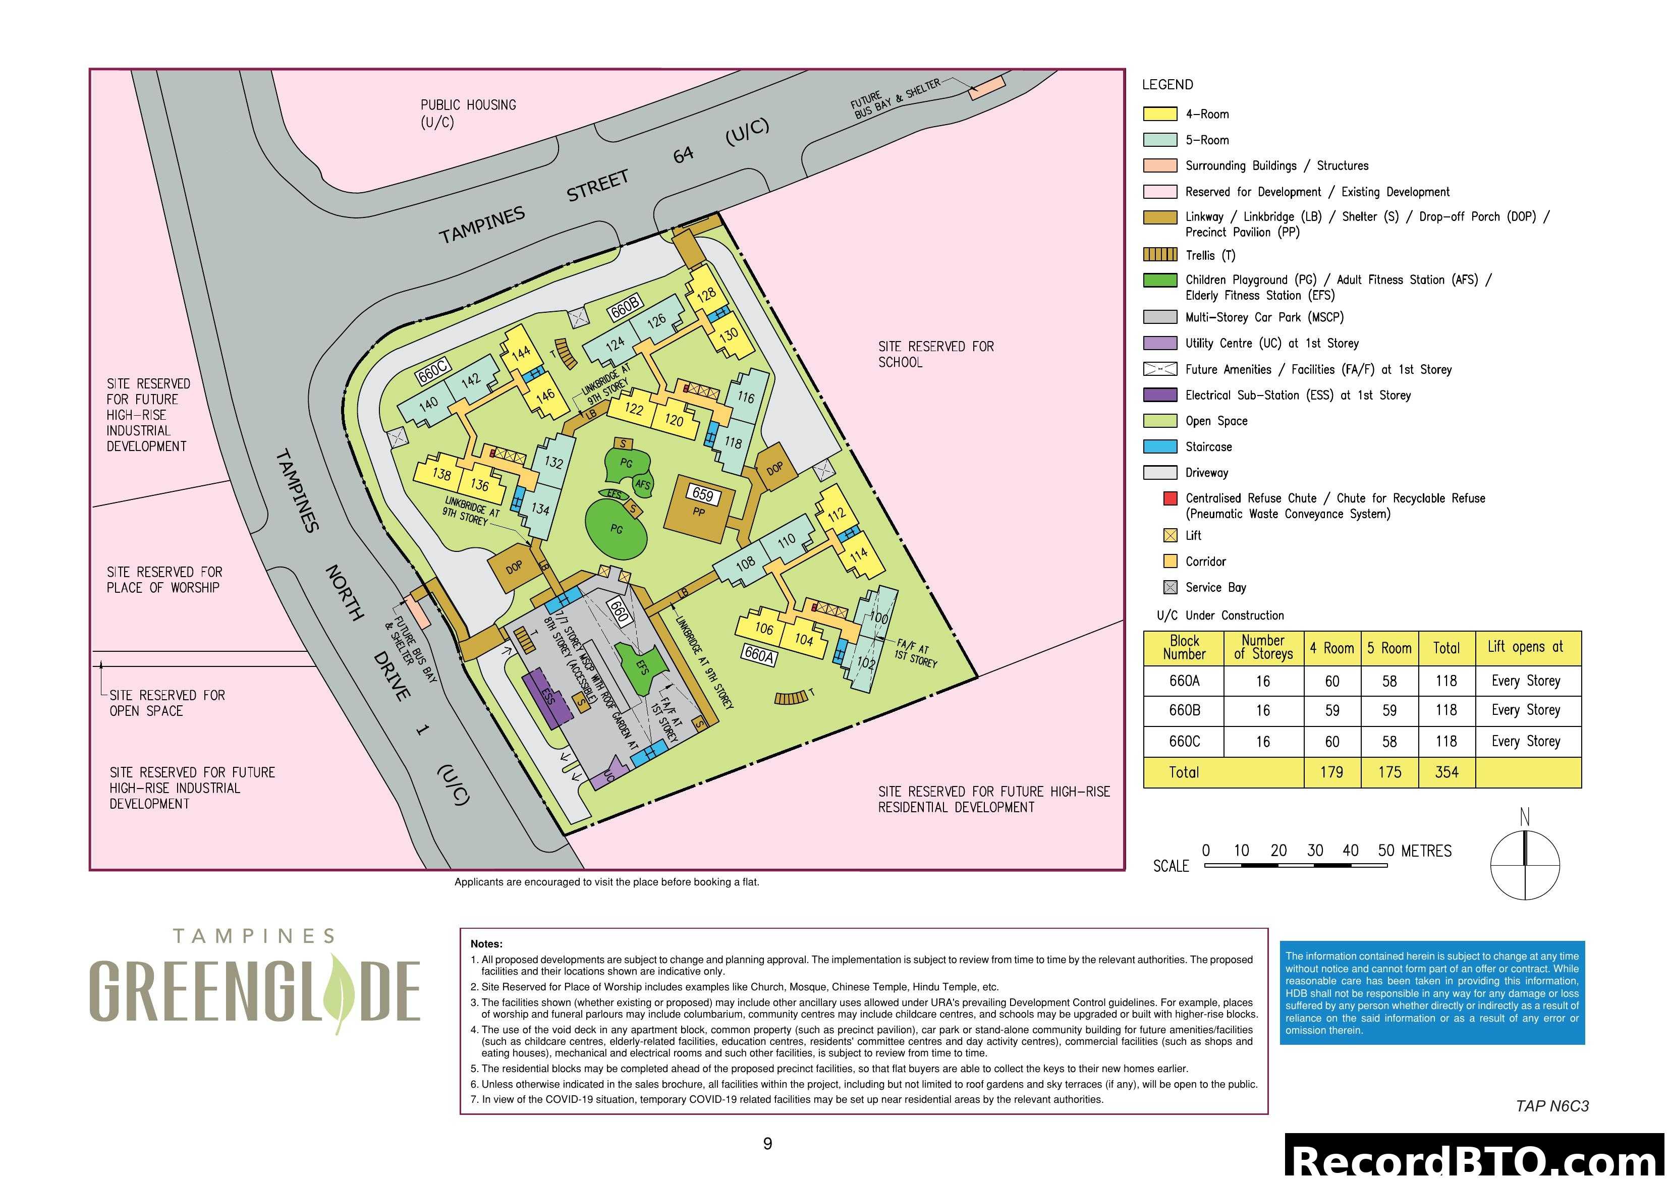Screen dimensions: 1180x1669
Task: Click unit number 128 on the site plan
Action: (x=706, y=295)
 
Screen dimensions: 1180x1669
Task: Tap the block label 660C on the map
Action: (x=432, y=371)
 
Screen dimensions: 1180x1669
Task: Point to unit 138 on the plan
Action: (x=441, y=474)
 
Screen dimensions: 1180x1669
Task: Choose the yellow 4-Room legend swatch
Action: (x=1159, y=114)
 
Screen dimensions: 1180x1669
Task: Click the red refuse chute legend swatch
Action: (x=1171, y=499)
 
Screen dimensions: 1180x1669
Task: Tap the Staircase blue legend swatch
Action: (x=1159, y=446)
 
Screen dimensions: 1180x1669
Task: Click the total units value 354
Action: (x=1446, y=772)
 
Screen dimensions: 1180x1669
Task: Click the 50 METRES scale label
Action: (x=1414, y=851)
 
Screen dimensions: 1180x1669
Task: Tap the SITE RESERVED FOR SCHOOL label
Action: (x=935, y=354)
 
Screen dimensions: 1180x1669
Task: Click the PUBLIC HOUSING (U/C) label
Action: (x=467, y=114)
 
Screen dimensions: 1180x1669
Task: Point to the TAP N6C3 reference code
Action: (x=1552, y=1106)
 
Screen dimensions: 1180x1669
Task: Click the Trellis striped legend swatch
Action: (x=1159, y=254)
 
